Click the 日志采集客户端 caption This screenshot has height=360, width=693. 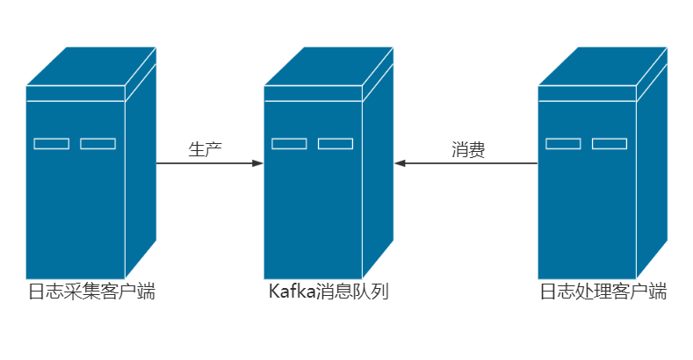point(91,292)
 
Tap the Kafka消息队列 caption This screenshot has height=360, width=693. point(328,292)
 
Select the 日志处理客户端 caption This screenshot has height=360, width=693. point(603,292)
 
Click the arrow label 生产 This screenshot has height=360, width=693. point(205,149)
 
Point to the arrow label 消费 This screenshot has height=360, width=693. point(468,149)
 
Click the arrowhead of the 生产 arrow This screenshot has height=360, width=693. point(257,163)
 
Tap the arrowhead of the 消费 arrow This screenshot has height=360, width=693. point(400,163)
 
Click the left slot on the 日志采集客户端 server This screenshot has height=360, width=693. point(52,144)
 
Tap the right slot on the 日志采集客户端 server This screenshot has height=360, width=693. point(97,144)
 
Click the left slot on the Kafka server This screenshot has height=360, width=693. point(289,144)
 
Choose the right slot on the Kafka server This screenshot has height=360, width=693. point(336,144)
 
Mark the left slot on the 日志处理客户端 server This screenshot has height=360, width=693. point(563,144)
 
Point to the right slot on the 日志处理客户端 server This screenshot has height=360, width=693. point(610,144)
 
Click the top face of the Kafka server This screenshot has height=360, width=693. point(328,67)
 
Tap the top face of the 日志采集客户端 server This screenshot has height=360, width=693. point(91,67)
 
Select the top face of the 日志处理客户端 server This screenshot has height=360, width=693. point(603,67)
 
